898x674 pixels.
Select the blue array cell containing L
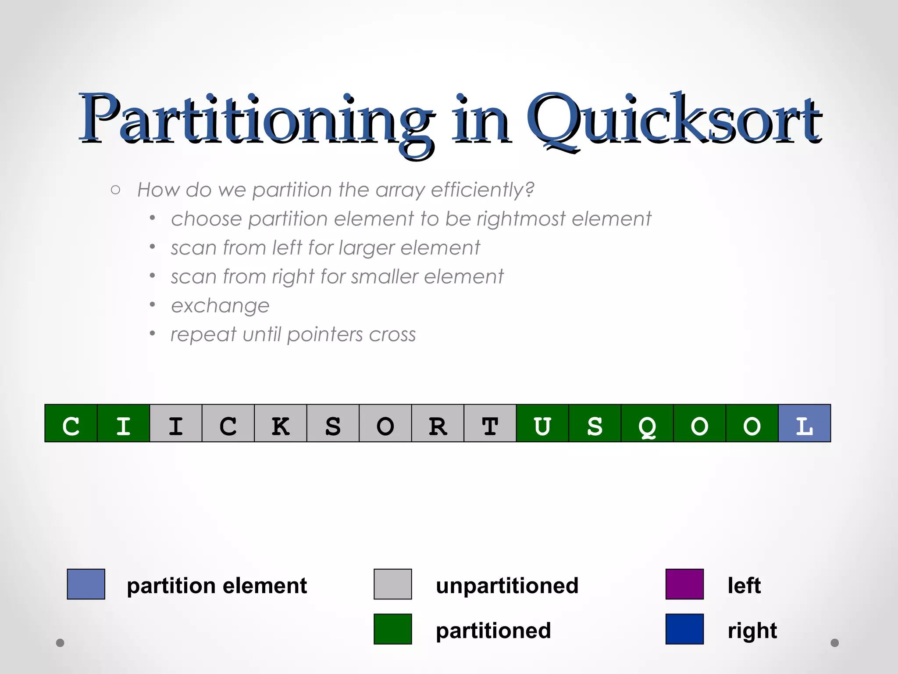click(x=804, y=423)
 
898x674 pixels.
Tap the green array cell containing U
click(x=542, y=423)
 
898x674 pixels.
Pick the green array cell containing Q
click(x=647, y=423)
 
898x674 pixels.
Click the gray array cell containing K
click(x=281, y=423)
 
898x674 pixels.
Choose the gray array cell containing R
click(x=438, y=423)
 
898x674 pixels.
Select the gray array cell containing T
click(x=490, y=423)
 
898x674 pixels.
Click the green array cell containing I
click(x=123, y=423)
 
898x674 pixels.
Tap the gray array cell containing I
click(x=176, y=423)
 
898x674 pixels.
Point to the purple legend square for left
click(x=684, y=584)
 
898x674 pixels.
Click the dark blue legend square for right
click(x=684, y=629)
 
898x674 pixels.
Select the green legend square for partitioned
click(x=392, y=629)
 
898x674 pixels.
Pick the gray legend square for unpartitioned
click(x=392, y=584)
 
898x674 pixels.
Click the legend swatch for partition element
click(x=86, y=584)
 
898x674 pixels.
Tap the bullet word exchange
click(x=220, y=306)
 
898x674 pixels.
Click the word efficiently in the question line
click(x=482, y=190)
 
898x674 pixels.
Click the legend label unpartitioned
click(x=507, y=586)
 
